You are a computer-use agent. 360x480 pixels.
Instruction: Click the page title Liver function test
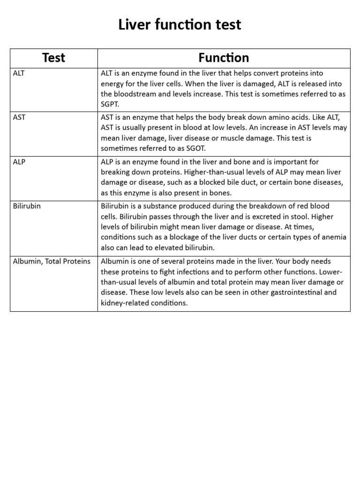pos(180,24)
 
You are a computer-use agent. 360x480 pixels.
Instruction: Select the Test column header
pos(53,58)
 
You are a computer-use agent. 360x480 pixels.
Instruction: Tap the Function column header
pos(224,58)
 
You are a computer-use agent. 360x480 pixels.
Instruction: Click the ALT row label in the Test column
pos(19,74)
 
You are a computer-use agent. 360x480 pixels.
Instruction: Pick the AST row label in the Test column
pos(19,117)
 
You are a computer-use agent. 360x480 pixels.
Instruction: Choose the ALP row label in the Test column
pos(19,162)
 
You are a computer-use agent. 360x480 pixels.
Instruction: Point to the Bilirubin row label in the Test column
pos(27,206)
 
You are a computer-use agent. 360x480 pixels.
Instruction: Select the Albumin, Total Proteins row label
pos(52,261)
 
